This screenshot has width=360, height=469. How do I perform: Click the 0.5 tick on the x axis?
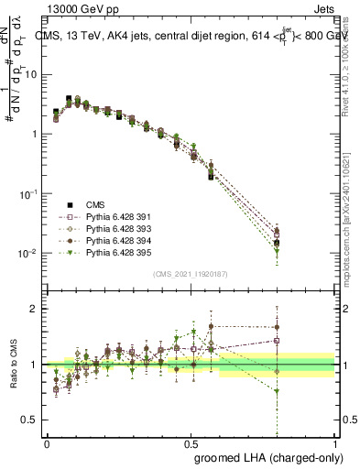coord(191,442)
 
